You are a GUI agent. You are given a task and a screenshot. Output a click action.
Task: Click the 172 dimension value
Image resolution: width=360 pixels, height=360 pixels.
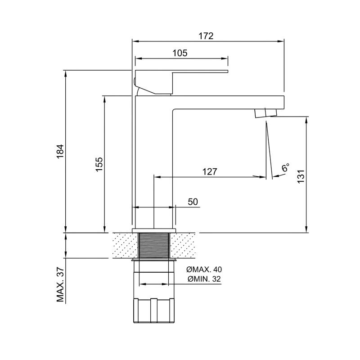pyautogui.click(x=206, y=36)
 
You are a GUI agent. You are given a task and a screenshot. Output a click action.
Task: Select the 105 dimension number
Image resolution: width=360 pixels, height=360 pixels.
pyautogui.click(x=180, y=53)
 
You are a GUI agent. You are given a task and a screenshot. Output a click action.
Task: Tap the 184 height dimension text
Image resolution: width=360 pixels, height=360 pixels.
pyautogui.click(x=60, y=151)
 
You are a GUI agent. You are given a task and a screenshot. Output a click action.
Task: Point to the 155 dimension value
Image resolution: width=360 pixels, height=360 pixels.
pyautogui.click(x=99, y=164)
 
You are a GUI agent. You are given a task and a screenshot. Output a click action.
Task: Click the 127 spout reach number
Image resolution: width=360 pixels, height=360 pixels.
pyautogui.click(x=210, y=171)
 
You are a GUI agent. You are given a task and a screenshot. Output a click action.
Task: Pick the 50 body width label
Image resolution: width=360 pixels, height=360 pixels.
pyautogui.click(x=193, y=202)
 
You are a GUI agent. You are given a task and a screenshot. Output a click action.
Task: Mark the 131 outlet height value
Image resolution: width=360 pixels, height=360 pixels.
pyautogui.click(x=301, y=176)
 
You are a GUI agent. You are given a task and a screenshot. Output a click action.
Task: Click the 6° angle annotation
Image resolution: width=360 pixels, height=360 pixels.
pyautogui.click(x=285, y=167)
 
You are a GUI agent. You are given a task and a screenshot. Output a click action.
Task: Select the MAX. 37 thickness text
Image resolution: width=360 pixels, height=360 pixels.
pyautogui.click(x=60, y=284)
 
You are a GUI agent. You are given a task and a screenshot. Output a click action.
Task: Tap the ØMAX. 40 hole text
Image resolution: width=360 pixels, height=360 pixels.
pyautogui.click(x=204, y=269)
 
